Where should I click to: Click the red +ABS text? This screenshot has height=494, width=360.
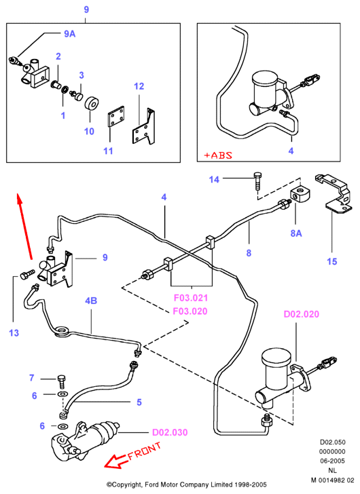[x=218, y=155]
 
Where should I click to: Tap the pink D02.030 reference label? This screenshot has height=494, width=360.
[x=170, y=432]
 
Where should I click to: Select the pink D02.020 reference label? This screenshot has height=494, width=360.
[x=302, y=314]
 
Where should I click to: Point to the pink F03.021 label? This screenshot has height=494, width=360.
[x=191, y=298]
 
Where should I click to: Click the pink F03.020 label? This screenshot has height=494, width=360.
[x=190, y=311]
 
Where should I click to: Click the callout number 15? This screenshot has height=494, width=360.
[x=332, y=261]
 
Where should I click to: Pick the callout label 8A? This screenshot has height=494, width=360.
[x=296, y=233]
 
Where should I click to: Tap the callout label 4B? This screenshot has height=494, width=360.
[x=91, y=301]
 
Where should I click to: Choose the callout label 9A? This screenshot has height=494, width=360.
[x=70, y=34]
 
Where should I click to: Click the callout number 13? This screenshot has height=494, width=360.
[x=14, y=333]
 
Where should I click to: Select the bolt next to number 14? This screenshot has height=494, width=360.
[x=257, y=180]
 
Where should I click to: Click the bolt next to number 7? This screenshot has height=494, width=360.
[x=61, y=381]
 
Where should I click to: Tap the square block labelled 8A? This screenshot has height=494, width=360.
[x=300, y=194]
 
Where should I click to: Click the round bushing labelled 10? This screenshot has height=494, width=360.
[x=92, y=104]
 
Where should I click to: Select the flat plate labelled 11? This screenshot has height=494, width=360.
[x=115, y=117]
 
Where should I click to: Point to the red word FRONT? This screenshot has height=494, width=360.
[x=145, y=451]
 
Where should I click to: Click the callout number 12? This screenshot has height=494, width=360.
[x=139, y=86]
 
